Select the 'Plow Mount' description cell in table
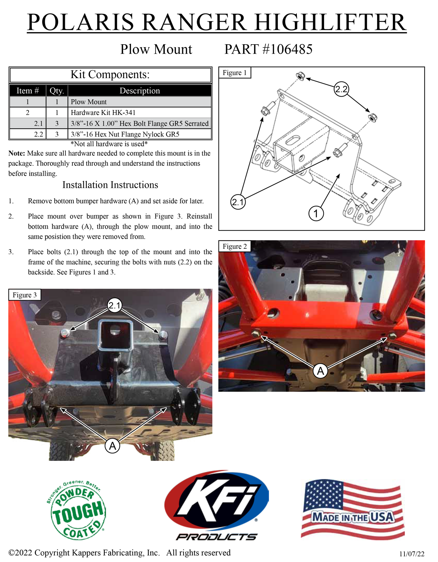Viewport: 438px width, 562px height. (139, 102)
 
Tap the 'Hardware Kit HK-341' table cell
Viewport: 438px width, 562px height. (139, 113)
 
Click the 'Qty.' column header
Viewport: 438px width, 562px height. (57, 91)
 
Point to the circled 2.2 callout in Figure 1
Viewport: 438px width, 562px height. (341, 89)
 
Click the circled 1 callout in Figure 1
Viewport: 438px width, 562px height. (316, 213)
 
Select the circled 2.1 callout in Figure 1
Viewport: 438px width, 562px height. (238, 202)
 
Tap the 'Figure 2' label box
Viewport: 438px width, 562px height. (235, 246)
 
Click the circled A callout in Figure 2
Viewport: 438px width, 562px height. (320, 371)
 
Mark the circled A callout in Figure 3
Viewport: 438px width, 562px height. (112, 446)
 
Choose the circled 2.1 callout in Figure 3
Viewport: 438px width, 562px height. (115, 305)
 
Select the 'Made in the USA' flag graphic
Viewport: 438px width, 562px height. (353, 509)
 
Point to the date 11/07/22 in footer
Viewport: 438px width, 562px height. (412, 554)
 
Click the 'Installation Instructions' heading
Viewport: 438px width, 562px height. (110, 185)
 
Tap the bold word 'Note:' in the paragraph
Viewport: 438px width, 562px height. (16, 153)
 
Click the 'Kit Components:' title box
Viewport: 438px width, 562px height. (110, 75)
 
